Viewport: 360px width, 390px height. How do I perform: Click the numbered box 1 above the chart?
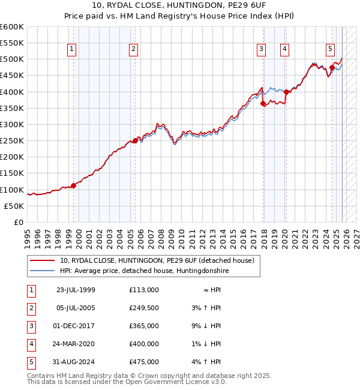point(71,50)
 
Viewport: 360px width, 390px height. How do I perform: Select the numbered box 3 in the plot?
point(262,50)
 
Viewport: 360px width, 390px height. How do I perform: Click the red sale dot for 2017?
point(263,103)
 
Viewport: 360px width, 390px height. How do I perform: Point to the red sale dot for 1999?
point(74,185)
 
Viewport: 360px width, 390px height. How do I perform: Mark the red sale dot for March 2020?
point(286,92)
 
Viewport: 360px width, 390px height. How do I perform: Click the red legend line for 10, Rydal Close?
point(43,260)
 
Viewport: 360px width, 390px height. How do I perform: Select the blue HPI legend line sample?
point(43,271)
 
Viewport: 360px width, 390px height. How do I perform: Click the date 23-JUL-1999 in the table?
point(76,290)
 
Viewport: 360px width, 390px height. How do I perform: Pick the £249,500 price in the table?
point(143,308)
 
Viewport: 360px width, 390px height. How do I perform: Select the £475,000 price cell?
point(143,362)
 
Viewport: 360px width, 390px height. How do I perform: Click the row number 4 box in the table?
point(30,344)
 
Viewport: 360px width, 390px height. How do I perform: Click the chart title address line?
point(180,7)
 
